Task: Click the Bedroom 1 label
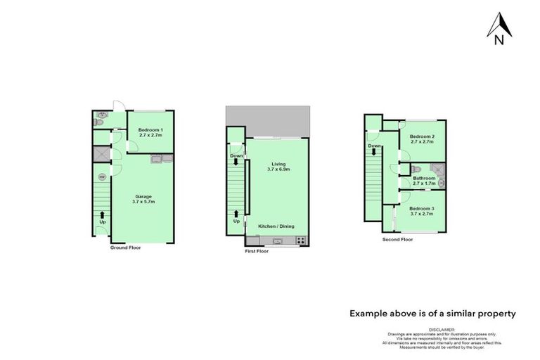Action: pos(150,130)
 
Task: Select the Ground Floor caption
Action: pos(125,247)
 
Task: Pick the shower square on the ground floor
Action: pos(101,154)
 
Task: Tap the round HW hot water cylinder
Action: pos(101,176)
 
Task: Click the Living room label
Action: pos(278,164)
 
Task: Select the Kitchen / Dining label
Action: pos(276,226)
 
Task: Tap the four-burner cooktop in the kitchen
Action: pos(302,241)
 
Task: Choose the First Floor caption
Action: pos(257,251)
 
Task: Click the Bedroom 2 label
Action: pos(423,136)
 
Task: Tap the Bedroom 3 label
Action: pos(423,208)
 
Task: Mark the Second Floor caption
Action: pos(397,239)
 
